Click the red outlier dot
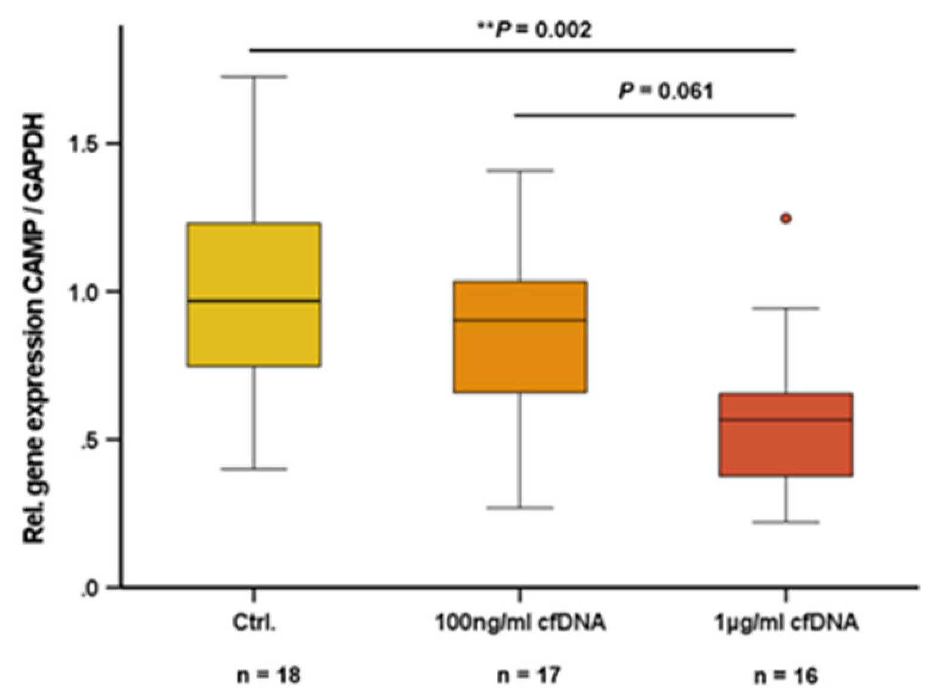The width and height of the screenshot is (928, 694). [786, 219]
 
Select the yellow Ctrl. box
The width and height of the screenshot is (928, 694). [254, 263]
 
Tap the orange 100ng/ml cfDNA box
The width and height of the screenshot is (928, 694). [520, 358]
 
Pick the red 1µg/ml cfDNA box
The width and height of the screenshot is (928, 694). [786, 448]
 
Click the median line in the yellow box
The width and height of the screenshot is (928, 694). [254, 300]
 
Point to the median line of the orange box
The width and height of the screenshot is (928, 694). [520, 320]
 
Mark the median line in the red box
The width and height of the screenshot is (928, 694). [786, 420]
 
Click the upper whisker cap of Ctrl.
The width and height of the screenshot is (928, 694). [254, 76]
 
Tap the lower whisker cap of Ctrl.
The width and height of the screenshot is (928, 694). [254, 469]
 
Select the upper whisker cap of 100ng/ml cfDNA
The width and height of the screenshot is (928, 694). [520, 170]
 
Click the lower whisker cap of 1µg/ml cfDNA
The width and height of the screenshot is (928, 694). [786, 522]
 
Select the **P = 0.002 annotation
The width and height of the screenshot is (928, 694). [535, 29]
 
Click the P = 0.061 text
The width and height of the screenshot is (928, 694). [665, 91]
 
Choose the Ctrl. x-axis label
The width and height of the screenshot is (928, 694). [254, 624]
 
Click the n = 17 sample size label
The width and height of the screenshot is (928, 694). [520, 675]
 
